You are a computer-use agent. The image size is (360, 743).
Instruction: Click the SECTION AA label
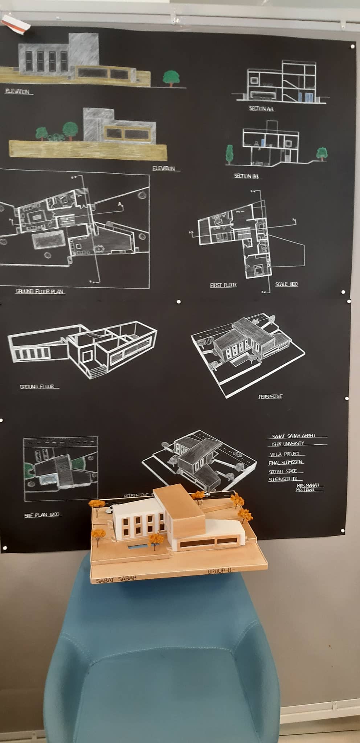click(x=261, y=108)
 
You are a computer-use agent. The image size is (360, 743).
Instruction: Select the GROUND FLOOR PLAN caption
click(x=40, y=291)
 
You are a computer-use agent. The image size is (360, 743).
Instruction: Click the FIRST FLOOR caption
click(x=223, y=285)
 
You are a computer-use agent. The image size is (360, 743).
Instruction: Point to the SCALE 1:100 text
click(x=286, y=284)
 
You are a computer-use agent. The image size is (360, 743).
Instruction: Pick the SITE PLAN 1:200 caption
click(x=42, y=515)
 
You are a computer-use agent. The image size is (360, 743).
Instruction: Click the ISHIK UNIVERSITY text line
click(x=288, y=444)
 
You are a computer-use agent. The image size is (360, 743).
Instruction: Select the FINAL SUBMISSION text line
click(x=286, y=463)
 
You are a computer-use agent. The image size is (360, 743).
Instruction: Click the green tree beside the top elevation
click(x=171, y=78)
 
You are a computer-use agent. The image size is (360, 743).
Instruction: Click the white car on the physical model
click(x=108, y=510)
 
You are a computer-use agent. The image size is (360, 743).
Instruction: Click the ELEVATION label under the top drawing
click(x=17, y=92)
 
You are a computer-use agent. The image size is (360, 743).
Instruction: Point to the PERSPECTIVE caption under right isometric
click(x=270, y=397)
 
